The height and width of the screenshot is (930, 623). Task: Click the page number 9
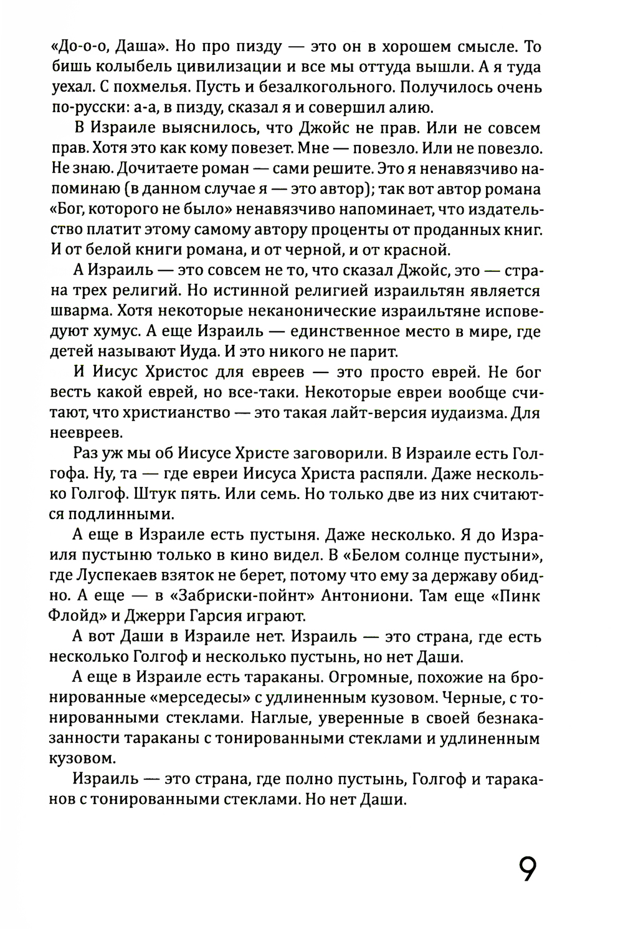527,869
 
